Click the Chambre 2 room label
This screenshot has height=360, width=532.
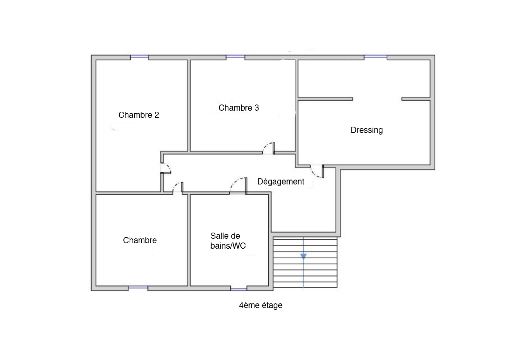point(139,115)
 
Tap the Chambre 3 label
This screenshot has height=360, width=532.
point(239,108)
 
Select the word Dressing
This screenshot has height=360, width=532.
point(367,130)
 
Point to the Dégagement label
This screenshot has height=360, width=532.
point(281,182)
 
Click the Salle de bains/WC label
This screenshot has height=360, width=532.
point(228,241)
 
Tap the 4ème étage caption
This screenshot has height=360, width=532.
point(261,305)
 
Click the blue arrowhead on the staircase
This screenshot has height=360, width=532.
point(304,256)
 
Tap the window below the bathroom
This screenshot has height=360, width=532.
point(239,289)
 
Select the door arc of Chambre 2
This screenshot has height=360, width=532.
point(168,166)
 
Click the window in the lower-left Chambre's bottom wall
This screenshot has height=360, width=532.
point(138,289)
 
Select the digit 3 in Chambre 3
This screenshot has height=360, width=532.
point(256,108)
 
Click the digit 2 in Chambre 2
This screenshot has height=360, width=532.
point(157,115)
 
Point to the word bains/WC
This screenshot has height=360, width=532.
point(228,246)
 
